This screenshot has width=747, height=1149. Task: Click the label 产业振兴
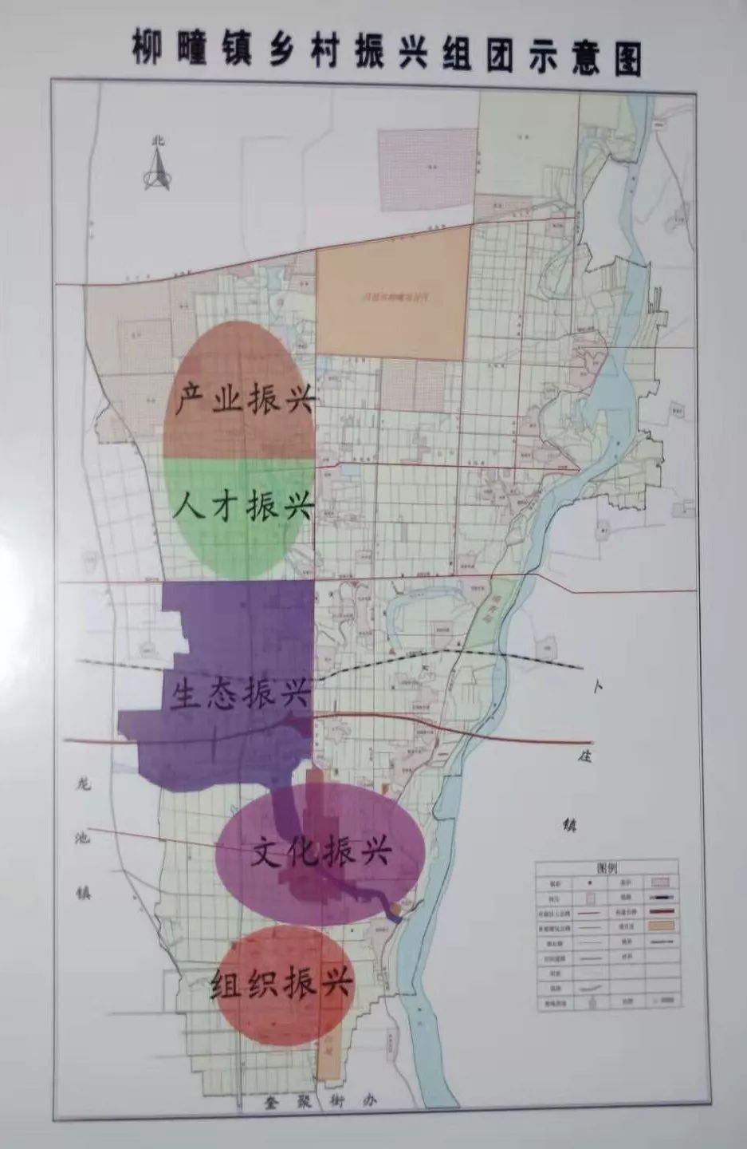(x=244, y=397)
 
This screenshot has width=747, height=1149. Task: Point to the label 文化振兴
(x=320, y=852)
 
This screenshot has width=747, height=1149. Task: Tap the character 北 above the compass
(x=157, y=141)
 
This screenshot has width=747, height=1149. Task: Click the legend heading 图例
(x=607, y=867)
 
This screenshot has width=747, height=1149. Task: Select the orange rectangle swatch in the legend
(x=662, y=926)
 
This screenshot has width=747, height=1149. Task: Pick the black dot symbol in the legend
(x=589, y=883)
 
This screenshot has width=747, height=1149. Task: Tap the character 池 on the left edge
(x=84, y=839)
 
